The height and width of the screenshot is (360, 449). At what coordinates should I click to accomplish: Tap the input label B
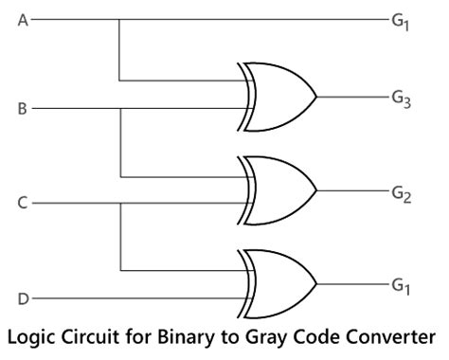click(x=23, y=109)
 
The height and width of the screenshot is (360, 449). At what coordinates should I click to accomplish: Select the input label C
click(x=23, y=202)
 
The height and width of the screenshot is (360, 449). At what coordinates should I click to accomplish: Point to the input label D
click(x=23, y=299)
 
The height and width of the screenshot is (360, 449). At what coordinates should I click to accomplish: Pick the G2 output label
click(x=402, y=191)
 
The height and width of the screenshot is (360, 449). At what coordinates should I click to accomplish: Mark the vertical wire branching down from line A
click(x=119, y=49)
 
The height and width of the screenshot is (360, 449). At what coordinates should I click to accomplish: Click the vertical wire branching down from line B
click(x=119, y=142)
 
